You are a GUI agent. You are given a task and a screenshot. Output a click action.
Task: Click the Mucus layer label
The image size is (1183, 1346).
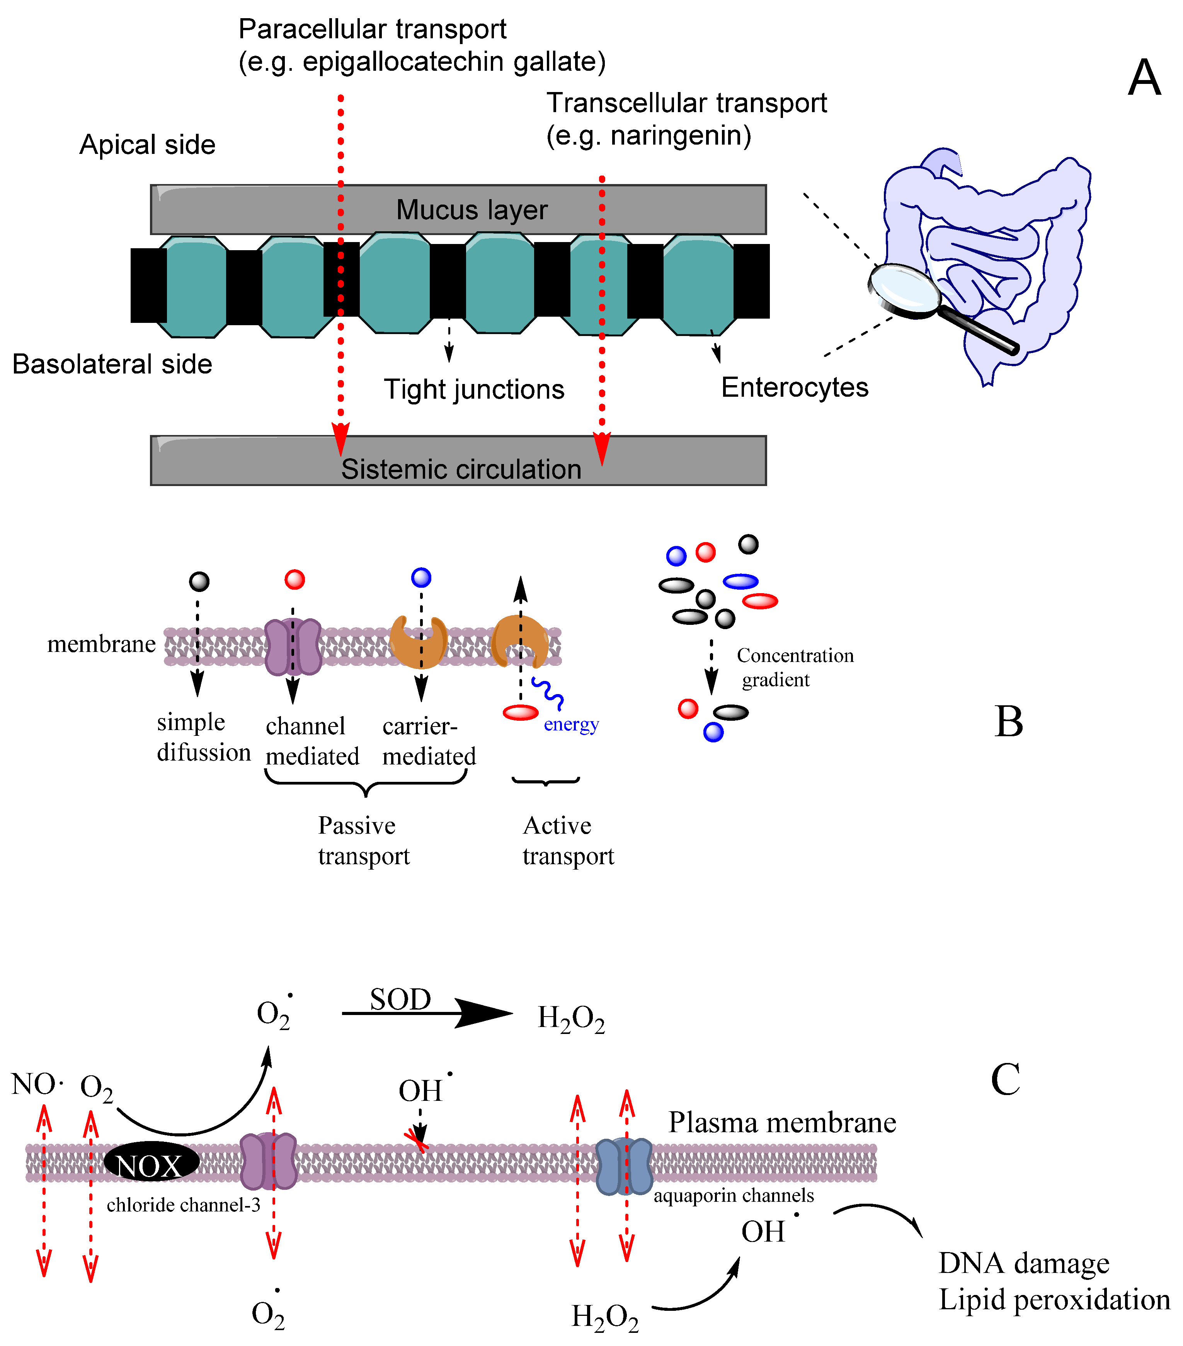471,210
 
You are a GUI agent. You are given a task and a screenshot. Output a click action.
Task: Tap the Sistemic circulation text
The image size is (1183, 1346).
461,469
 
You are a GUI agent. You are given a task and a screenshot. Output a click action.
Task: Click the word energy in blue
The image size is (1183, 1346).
571,724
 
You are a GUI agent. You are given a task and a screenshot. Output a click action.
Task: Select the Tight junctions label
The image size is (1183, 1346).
474,389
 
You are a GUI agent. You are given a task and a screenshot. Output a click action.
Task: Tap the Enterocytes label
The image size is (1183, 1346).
795,387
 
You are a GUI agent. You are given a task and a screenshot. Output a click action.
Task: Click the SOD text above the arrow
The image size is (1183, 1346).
400,999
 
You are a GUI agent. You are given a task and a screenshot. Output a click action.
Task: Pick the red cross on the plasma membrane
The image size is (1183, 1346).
416,1139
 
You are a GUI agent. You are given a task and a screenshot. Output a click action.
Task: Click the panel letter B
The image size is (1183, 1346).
1009,722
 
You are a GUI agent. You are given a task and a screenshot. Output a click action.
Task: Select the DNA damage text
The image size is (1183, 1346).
1024,1263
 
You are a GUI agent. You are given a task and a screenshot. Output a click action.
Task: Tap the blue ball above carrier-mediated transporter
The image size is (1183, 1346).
420,578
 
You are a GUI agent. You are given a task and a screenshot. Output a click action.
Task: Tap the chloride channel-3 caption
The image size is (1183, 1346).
183,1204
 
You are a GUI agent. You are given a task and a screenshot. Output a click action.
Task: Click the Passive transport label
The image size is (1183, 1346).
363,840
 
